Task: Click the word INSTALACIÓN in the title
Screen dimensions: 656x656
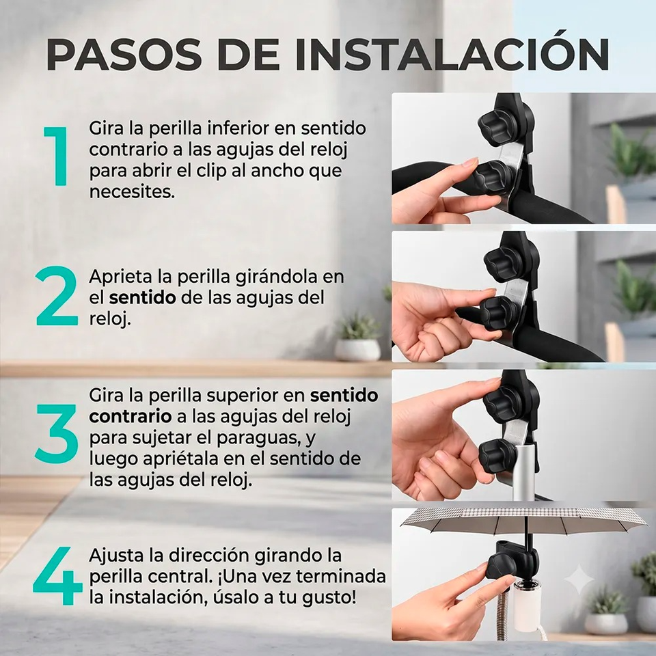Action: pyautogui.click(x=452, y=55)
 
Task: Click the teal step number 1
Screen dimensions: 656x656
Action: pyautogui.click(x=56, y=156)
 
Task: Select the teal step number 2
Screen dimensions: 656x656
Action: pyautogui.click(x=57, y=296)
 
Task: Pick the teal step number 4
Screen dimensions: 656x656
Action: pyautogui.click(x=57, y=575)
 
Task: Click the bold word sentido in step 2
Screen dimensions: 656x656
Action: pyautogui.click(x=142, y=297)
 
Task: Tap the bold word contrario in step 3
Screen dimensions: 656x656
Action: pyautogui.click(x=130, y=416)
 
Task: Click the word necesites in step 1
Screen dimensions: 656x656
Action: pyautogui.click(x=131, y=192)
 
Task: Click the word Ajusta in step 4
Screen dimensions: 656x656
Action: pyautogui.click(x=116, y=556)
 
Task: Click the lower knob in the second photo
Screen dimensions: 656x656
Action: pyautogui.click(x=501, y=312)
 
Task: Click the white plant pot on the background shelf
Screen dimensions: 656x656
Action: pyautogui.click(x=357, y=349)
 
